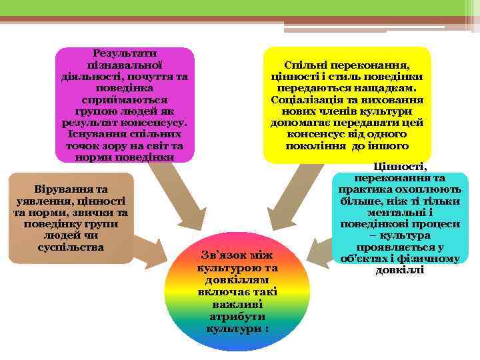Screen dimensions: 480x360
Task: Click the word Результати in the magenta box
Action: pyautogui.click(x=125, y=53)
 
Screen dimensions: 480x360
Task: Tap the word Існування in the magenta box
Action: pyautogui.click(x=91, y=134)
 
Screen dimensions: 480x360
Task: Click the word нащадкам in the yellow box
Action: pyautogui.click(x=383, y=88)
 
